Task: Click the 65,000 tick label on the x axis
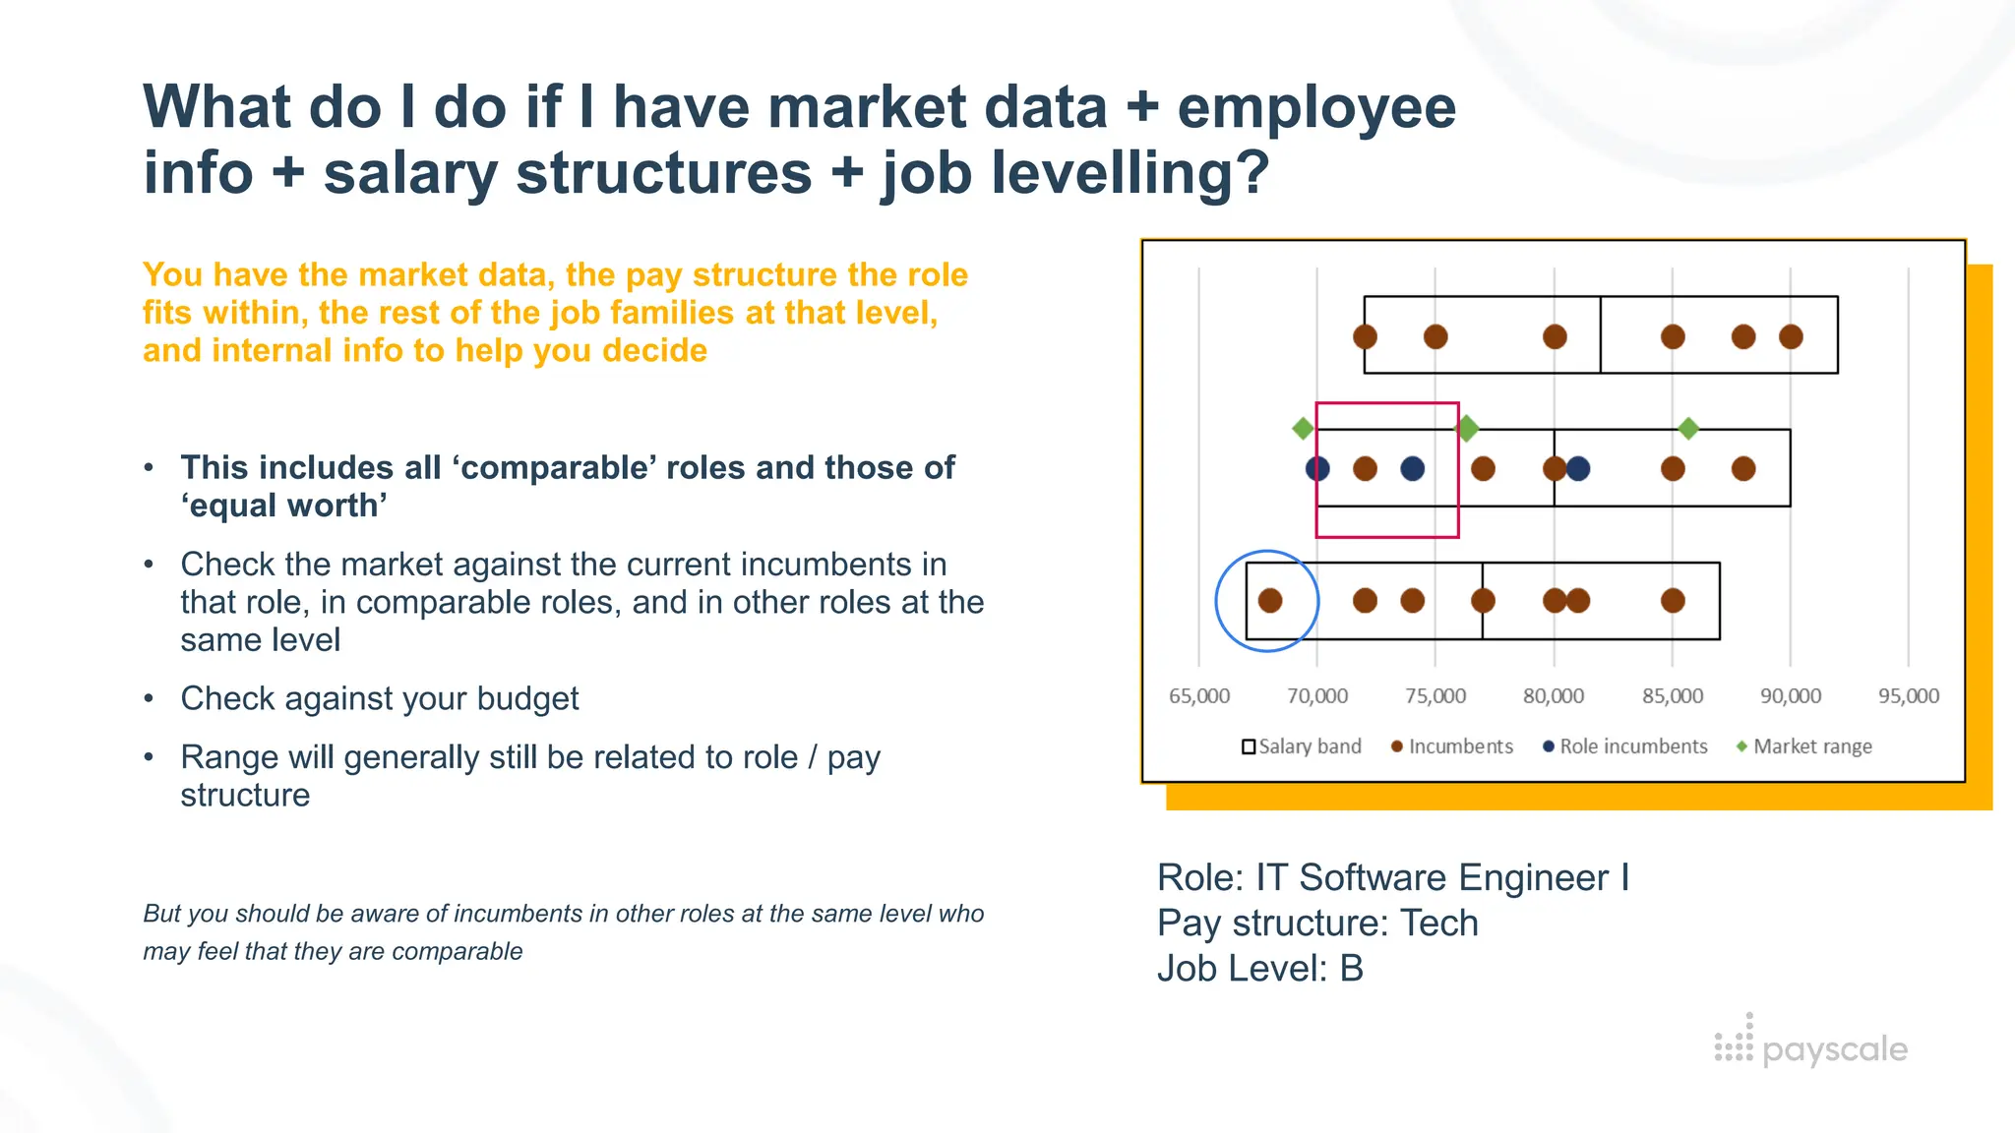[1198, 696]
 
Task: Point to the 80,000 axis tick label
[1554, 696]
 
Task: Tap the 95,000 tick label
[1909, 696]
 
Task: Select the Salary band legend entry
[1302, 746]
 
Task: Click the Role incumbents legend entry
[1625, 746]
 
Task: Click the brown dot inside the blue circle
[1270, 601]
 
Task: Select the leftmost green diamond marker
[1303, 429]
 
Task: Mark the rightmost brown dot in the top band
[1791, 337]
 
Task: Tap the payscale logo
[1810, 1046]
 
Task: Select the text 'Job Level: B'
[1260, 969]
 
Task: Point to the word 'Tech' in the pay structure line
[1438, 924]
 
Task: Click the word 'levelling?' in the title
[1075, 173]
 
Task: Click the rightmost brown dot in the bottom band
[1673, 601]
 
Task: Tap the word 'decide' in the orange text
[654, 351]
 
